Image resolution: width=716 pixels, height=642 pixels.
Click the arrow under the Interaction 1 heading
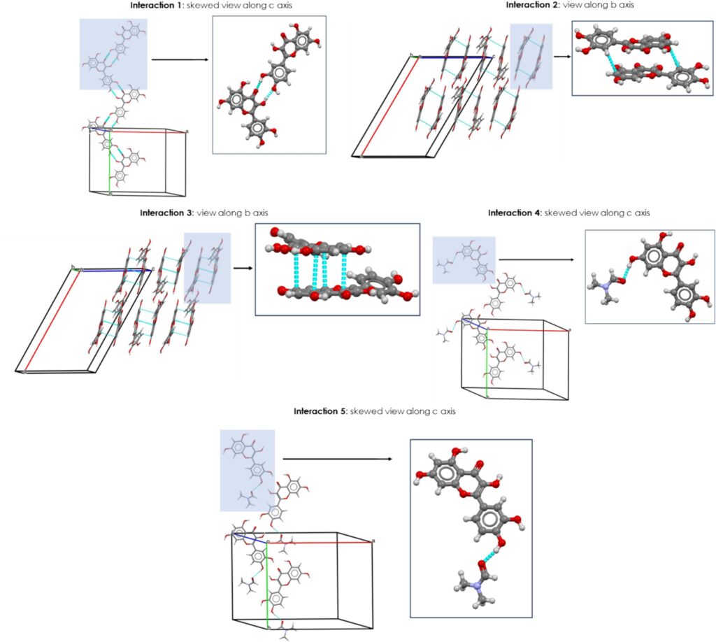coord(180,59)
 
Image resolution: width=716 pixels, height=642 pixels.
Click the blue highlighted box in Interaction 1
coord(113,54)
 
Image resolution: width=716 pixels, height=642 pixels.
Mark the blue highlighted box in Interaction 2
coord(531,56)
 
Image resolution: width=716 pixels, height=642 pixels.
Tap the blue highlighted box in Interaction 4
coord(464,259)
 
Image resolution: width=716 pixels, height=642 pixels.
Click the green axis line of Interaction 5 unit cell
coord(267,587)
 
